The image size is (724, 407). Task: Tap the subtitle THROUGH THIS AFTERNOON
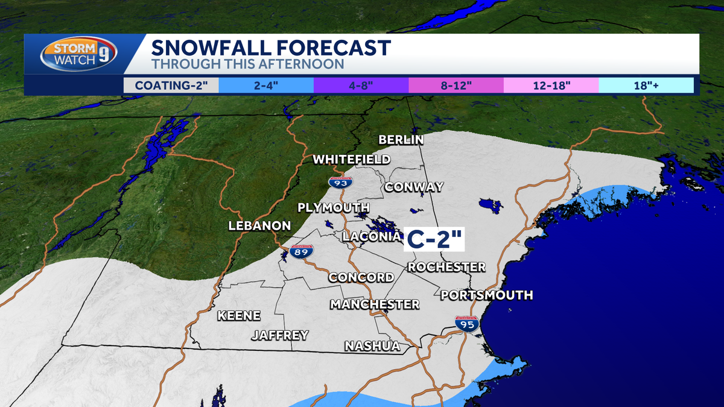[247, 64]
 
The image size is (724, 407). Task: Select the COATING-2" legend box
[171, 85]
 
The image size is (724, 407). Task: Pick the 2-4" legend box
[266, 85]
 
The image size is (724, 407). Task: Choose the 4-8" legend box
[361, 85]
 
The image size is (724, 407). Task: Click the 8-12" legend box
[456, 85]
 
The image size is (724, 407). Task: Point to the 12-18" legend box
[551, 85]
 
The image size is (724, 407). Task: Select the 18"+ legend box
[646, 85]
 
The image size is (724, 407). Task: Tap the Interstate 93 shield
[341, 181]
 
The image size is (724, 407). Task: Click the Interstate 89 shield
[301, 252]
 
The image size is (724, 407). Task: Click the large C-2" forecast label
[433, 239]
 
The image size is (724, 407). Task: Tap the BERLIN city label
[401, 140]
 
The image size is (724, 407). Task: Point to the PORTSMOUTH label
[487, 295]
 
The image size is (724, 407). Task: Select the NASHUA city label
[372, 346]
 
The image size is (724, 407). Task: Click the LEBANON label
[259, 226]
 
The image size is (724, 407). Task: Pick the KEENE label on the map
[239, 315]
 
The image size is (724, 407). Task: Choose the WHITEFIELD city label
[352, 160]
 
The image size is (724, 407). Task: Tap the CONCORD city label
[361, 277]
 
